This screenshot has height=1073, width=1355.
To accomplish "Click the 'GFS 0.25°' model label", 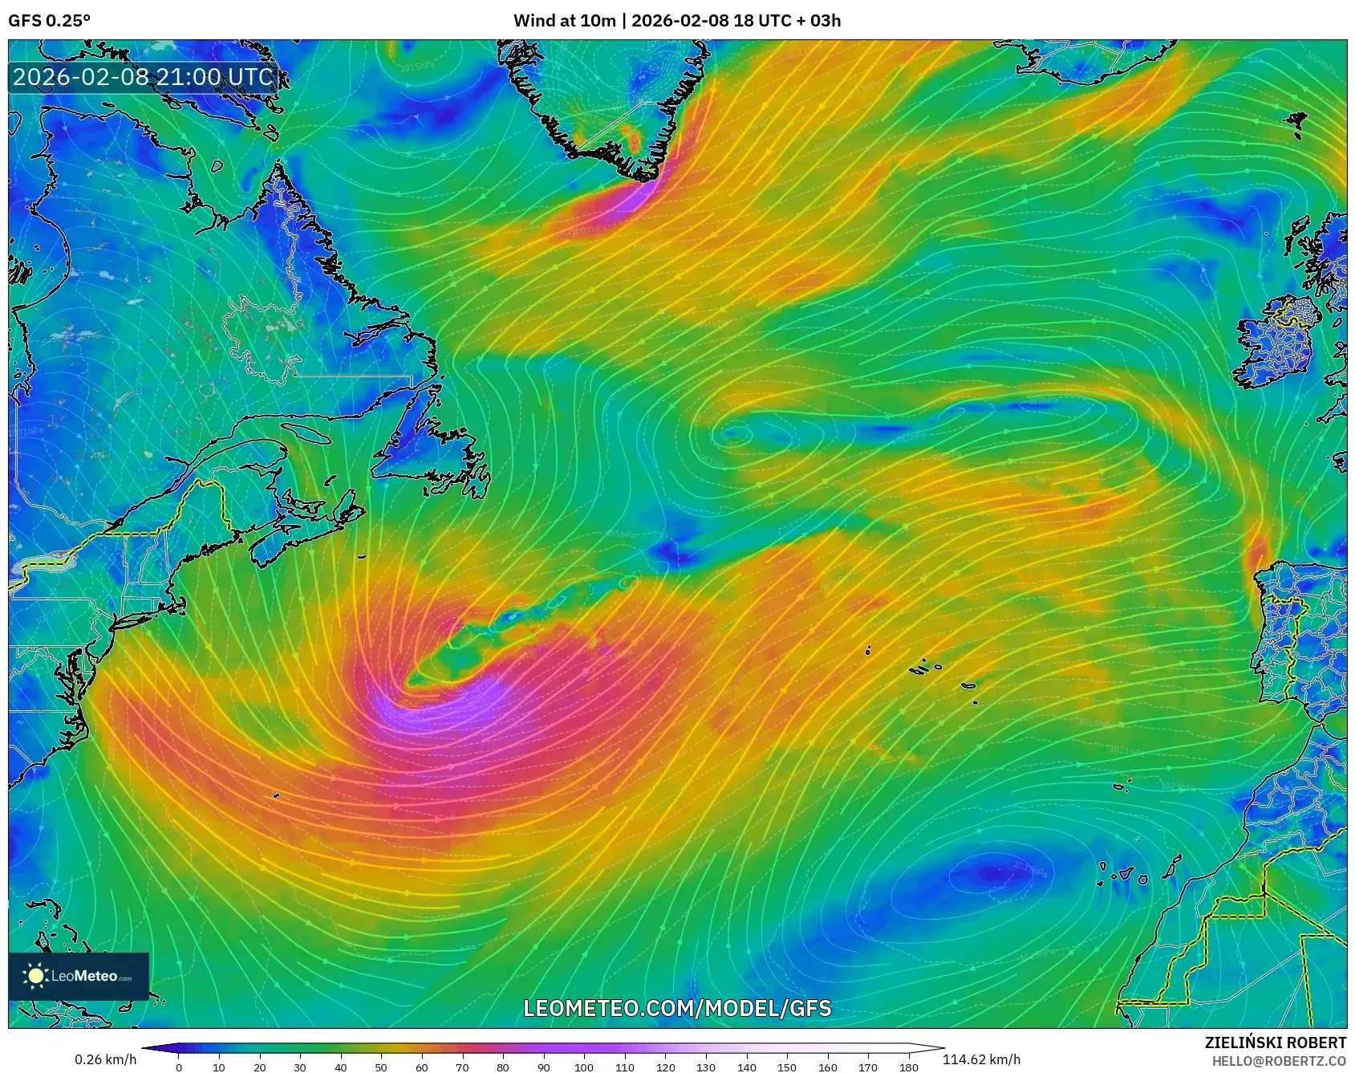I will click(49, 21).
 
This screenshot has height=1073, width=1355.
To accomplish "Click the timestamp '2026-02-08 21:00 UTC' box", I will click(143, 77).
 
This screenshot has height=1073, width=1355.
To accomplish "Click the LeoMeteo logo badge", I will click(79, 976).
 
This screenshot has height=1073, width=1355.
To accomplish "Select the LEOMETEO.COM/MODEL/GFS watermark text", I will click(677, 1008).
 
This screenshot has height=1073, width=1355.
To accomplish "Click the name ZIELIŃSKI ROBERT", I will click(1275, 1043).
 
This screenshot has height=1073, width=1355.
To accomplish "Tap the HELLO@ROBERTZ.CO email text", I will click(1279, 1061).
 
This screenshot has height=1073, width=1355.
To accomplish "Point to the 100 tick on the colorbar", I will click(584, 1067).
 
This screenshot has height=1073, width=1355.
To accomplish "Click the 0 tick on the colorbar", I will click(179, 1067).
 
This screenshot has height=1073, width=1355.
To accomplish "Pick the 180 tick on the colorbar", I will click(909, 1067).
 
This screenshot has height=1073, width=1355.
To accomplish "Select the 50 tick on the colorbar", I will click(381, 1067).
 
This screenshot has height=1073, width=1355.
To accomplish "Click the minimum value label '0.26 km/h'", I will click(106, 1059).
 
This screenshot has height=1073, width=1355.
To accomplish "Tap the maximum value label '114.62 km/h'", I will click(981, 1059).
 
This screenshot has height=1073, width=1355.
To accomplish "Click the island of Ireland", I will click(1276, 345).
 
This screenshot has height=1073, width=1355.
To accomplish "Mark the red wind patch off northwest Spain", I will click(1256, 550).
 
